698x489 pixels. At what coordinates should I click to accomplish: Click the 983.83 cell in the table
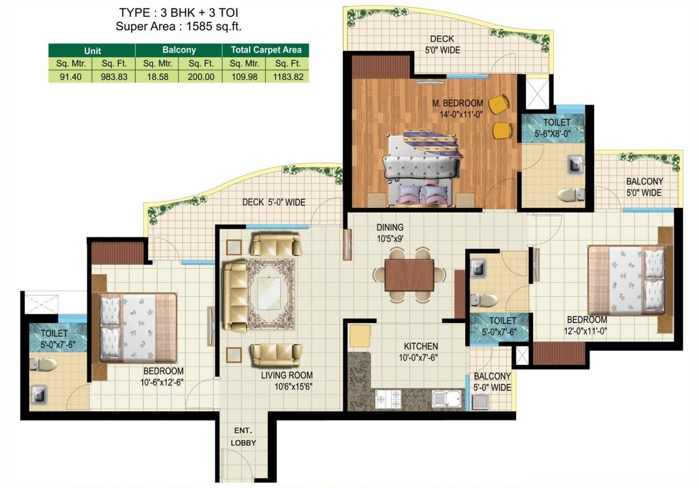pos(114,76)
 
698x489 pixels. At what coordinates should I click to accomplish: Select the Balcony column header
pos(179,50)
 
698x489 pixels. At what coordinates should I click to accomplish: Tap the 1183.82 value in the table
pos(288,76)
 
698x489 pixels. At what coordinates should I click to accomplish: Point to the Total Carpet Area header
pos(266,50)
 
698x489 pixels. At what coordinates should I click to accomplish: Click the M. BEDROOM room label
pos(458,103)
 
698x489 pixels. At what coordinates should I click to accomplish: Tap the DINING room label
pos(390,227)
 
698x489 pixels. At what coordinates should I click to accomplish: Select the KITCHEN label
pos(421,346)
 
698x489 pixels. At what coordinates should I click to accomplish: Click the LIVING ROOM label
pos(286,375)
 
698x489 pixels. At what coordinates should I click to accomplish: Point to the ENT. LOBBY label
pos(243,437)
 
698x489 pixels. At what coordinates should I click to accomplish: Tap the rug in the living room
pos(271,294)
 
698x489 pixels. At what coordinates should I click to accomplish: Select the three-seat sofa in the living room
pos(235,297)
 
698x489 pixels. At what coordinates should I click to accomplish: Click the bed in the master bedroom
pos(422,168)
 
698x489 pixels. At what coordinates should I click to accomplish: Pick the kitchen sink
pos(446,398)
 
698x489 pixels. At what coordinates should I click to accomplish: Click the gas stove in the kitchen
pos(388,399)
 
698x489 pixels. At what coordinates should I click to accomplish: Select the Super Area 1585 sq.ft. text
pos(179,26)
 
